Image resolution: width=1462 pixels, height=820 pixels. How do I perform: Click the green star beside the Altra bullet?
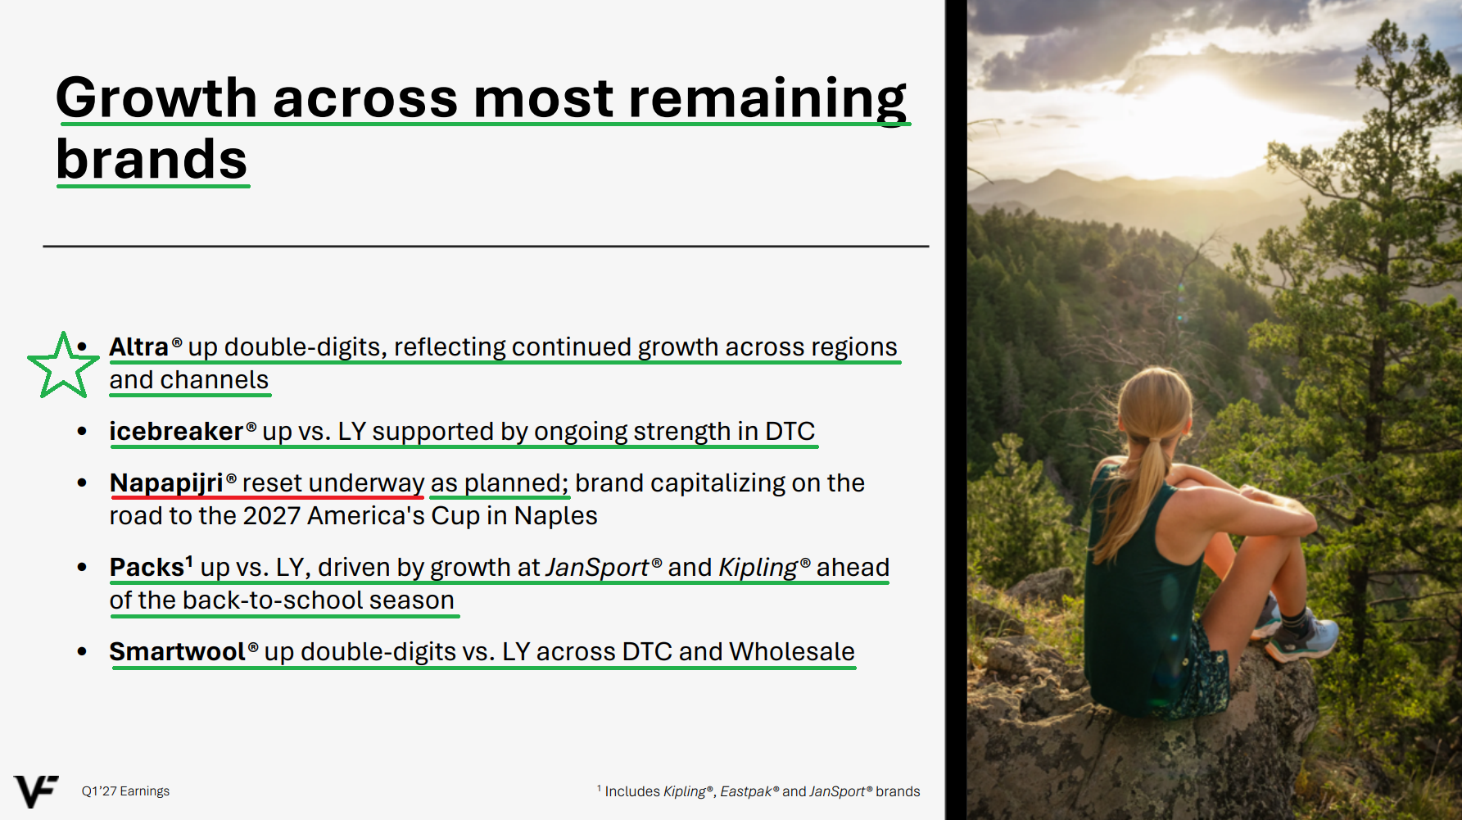62,365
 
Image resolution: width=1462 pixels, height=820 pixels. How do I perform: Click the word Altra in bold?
138,347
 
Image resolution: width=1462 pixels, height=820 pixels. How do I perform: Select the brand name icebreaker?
176,431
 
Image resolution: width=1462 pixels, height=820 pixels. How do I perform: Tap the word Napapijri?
166,483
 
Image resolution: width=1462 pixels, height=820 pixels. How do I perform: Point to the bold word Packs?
147,567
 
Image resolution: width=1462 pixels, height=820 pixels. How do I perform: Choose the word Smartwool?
178,651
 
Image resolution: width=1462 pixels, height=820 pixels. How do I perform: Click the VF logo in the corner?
36,791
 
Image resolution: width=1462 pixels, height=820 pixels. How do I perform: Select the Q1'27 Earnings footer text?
125,791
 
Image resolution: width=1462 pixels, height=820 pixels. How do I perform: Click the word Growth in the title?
156,97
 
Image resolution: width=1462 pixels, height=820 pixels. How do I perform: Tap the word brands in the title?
152,159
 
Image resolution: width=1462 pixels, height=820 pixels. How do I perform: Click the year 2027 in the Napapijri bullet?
272,516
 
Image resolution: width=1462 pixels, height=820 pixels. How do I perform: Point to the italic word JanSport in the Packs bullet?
597,567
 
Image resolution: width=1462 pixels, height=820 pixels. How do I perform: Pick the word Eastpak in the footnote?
745,791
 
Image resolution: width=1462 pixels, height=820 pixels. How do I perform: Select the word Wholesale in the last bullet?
792,651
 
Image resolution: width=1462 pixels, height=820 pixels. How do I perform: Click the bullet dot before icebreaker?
82,431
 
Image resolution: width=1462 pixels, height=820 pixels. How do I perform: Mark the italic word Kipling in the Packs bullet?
758,568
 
